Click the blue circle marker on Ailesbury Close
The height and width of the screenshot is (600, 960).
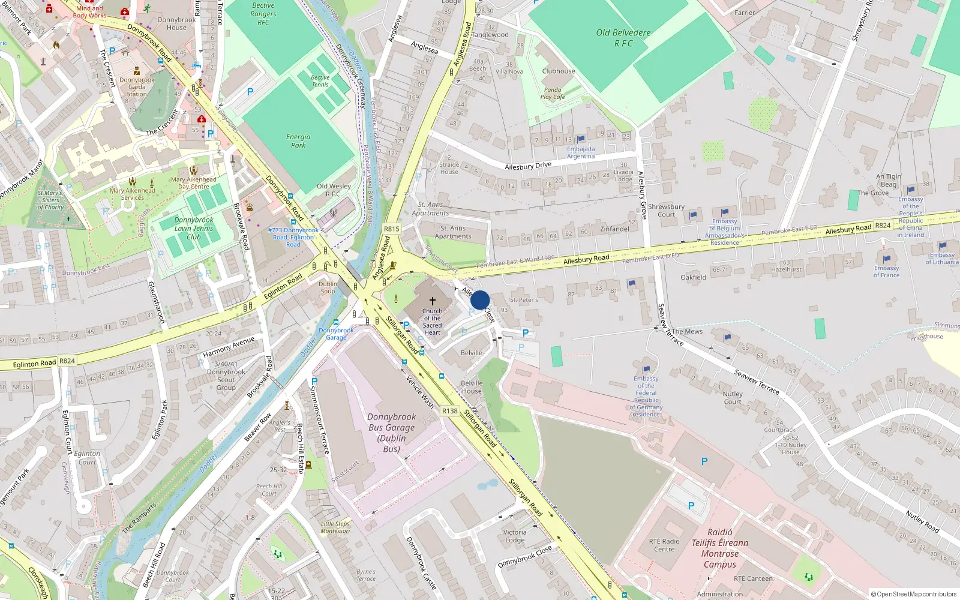point(480,300)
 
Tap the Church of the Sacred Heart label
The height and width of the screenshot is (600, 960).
point(432,322)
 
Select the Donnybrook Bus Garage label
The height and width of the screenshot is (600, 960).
point(391,433)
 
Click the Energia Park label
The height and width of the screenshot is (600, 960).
point(298,141)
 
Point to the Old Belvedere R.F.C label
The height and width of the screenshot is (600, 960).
point(623,38)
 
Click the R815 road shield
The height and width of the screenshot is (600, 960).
point(392,229)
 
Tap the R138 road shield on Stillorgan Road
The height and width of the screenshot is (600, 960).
point(449,411)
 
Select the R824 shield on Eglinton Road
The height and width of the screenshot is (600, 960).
point(67,361)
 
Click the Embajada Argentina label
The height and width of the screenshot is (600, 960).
point(581,152)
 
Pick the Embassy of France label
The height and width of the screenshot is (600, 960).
point(886,271)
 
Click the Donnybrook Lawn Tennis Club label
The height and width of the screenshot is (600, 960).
point(194,229)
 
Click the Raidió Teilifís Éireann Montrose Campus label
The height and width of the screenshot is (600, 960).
point(720,548)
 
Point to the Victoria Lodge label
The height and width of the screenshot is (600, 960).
point(515,536)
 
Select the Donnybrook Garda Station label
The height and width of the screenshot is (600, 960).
point(137,87)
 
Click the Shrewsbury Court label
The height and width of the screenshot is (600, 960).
point(666,210)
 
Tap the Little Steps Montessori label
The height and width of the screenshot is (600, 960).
point(335,527)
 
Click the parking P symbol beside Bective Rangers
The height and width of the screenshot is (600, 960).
point(250,92)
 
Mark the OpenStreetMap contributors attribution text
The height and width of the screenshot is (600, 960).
point(914,594)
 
